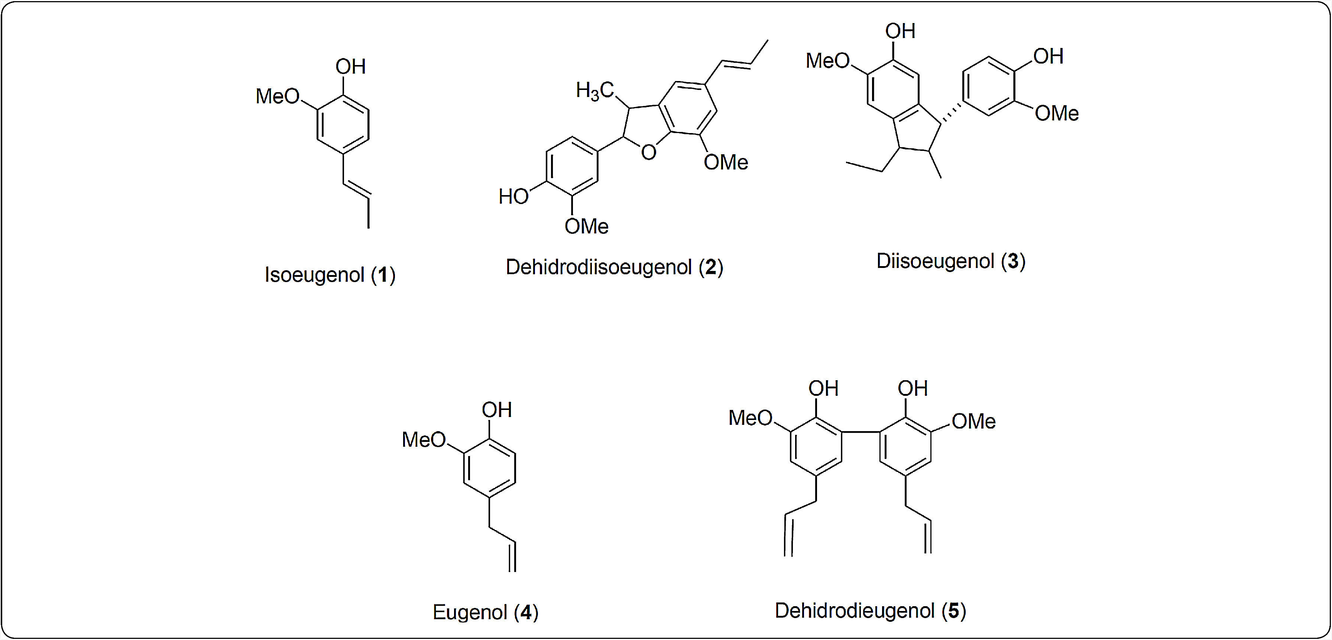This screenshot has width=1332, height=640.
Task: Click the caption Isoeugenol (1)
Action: coord(330,275)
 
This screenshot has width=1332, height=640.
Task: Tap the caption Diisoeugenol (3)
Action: coord(950,261)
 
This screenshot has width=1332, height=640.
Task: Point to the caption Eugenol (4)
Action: coord(485,612)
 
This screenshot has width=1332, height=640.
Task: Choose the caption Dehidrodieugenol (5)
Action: coord(870,611)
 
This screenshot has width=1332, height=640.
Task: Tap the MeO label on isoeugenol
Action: coord(278,96)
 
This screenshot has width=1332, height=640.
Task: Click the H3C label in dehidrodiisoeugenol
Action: coord(594,91)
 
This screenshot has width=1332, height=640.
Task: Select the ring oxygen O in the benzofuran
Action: coord(648,152)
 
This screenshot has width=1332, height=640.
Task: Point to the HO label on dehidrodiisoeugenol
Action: coord(513,197)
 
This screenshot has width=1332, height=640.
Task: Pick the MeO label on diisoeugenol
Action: coord(827,61)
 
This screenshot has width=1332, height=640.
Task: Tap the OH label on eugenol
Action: coord(496,410)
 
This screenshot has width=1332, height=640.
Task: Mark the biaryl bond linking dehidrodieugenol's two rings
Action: coord(861,431)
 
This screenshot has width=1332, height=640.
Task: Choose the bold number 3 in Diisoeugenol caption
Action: coord(1012,261)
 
